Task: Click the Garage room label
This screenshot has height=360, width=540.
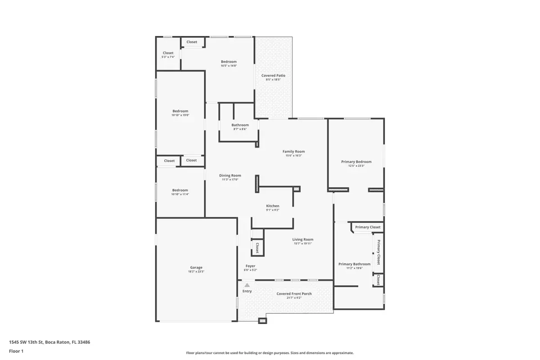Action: tap(196, 268)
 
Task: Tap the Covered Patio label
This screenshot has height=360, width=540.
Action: tap(273, 76)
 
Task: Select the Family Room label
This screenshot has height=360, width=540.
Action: tap(293, 152)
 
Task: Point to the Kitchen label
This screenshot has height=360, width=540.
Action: tap(273, 206)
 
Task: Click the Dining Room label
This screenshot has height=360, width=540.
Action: tap(230, 175)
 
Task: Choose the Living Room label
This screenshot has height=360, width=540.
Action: tap(302, 239)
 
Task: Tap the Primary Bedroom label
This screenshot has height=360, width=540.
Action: tap(356, 162)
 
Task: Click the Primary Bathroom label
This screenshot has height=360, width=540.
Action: tap(354, 264)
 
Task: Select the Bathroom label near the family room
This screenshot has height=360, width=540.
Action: tap(240, 125)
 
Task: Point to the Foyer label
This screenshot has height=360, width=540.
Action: tap(250, 266)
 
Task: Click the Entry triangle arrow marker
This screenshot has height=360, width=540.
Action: tap(247, 285)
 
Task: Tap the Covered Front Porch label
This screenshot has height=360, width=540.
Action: tap(294, 294)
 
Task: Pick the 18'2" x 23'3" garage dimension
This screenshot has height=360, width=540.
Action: tap(196, 272)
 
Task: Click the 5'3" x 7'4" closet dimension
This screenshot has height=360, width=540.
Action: tap(168, 57)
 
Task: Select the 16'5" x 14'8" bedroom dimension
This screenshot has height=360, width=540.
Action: tap(229, 66)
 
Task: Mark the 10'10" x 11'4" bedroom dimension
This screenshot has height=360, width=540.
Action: tap(180, 194)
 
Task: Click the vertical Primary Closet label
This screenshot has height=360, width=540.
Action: tap(378, 252)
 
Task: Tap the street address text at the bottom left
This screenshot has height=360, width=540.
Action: tap(49, 342)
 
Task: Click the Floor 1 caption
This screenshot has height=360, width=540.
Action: tap(16, 351)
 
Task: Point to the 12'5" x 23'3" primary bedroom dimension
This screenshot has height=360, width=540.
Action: tap(356, 166)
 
